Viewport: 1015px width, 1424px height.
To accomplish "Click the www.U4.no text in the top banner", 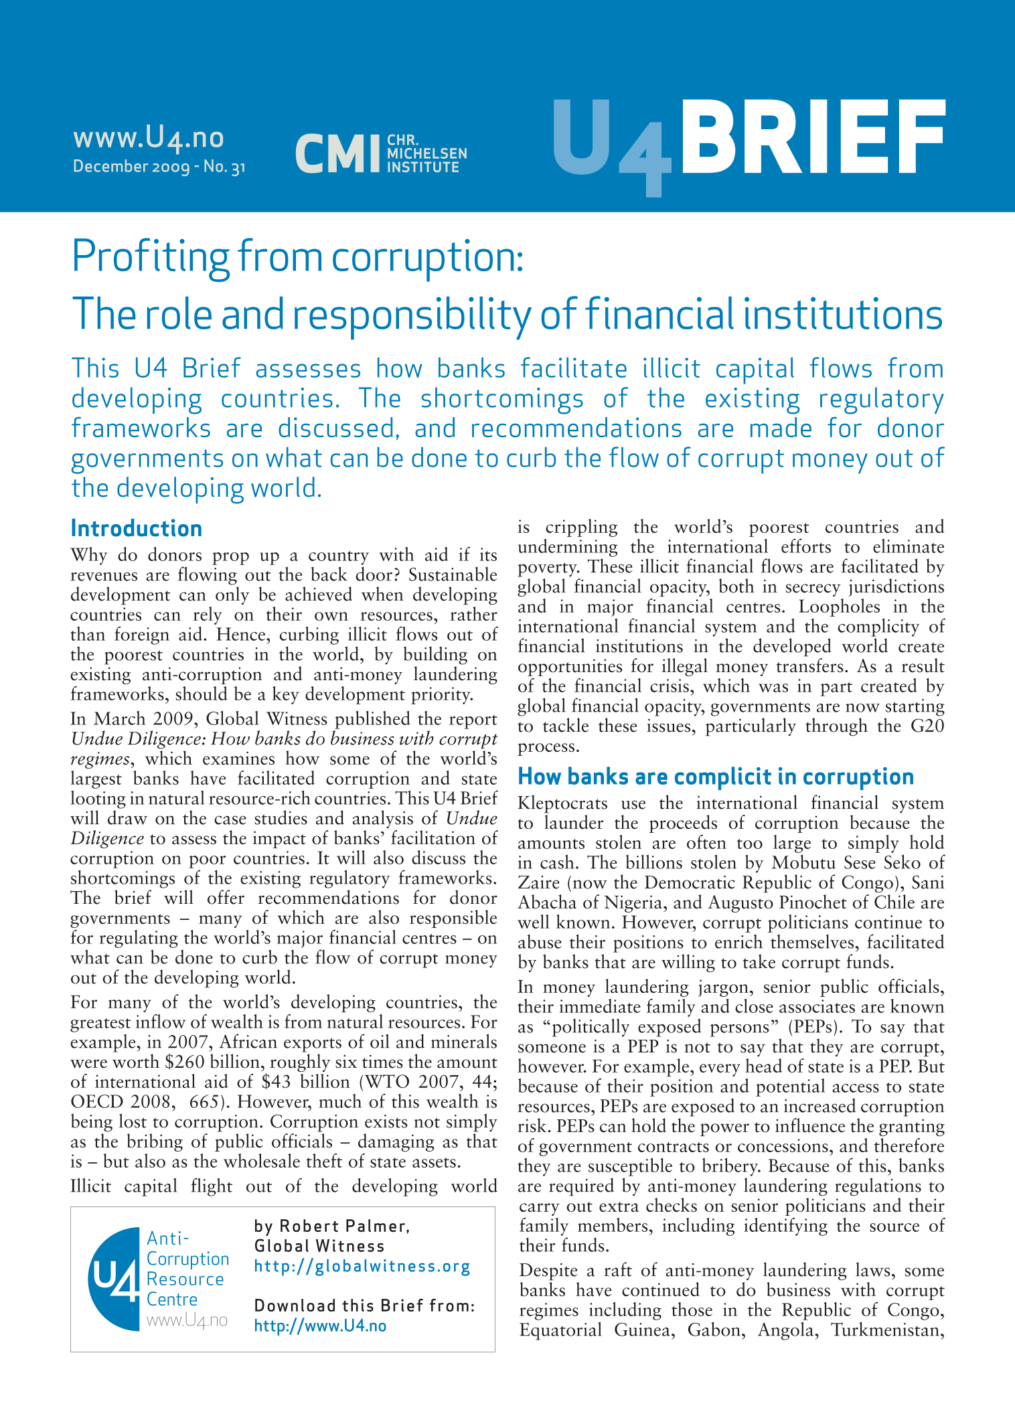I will pos(148,137).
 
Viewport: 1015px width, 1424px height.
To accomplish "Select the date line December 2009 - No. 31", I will pos(159,167).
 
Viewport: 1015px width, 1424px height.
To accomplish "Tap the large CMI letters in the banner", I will pos(337,153).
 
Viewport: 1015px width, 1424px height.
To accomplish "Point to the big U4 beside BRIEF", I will pos(610,143).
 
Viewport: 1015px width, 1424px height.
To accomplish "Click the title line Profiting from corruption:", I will pos(297,256).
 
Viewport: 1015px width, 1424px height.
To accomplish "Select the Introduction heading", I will pos(137,529).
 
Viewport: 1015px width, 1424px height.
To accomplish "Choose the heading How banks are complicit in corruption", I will pos(716,777).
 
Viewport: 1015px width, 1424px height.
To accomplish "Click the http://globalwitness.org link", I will pos(362,1267).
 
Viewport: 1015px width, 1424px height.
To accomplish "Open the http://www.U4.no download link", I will pos(320,1326).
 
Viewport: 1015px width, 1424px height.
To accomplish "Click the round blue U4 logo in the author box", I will pos(115,1279).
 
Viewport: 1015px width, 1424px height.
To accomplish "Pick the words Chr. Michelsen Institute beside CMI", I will pos(426,153).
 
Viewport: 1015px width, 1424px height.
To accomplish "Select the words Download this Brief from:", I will pos(364,1306).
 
